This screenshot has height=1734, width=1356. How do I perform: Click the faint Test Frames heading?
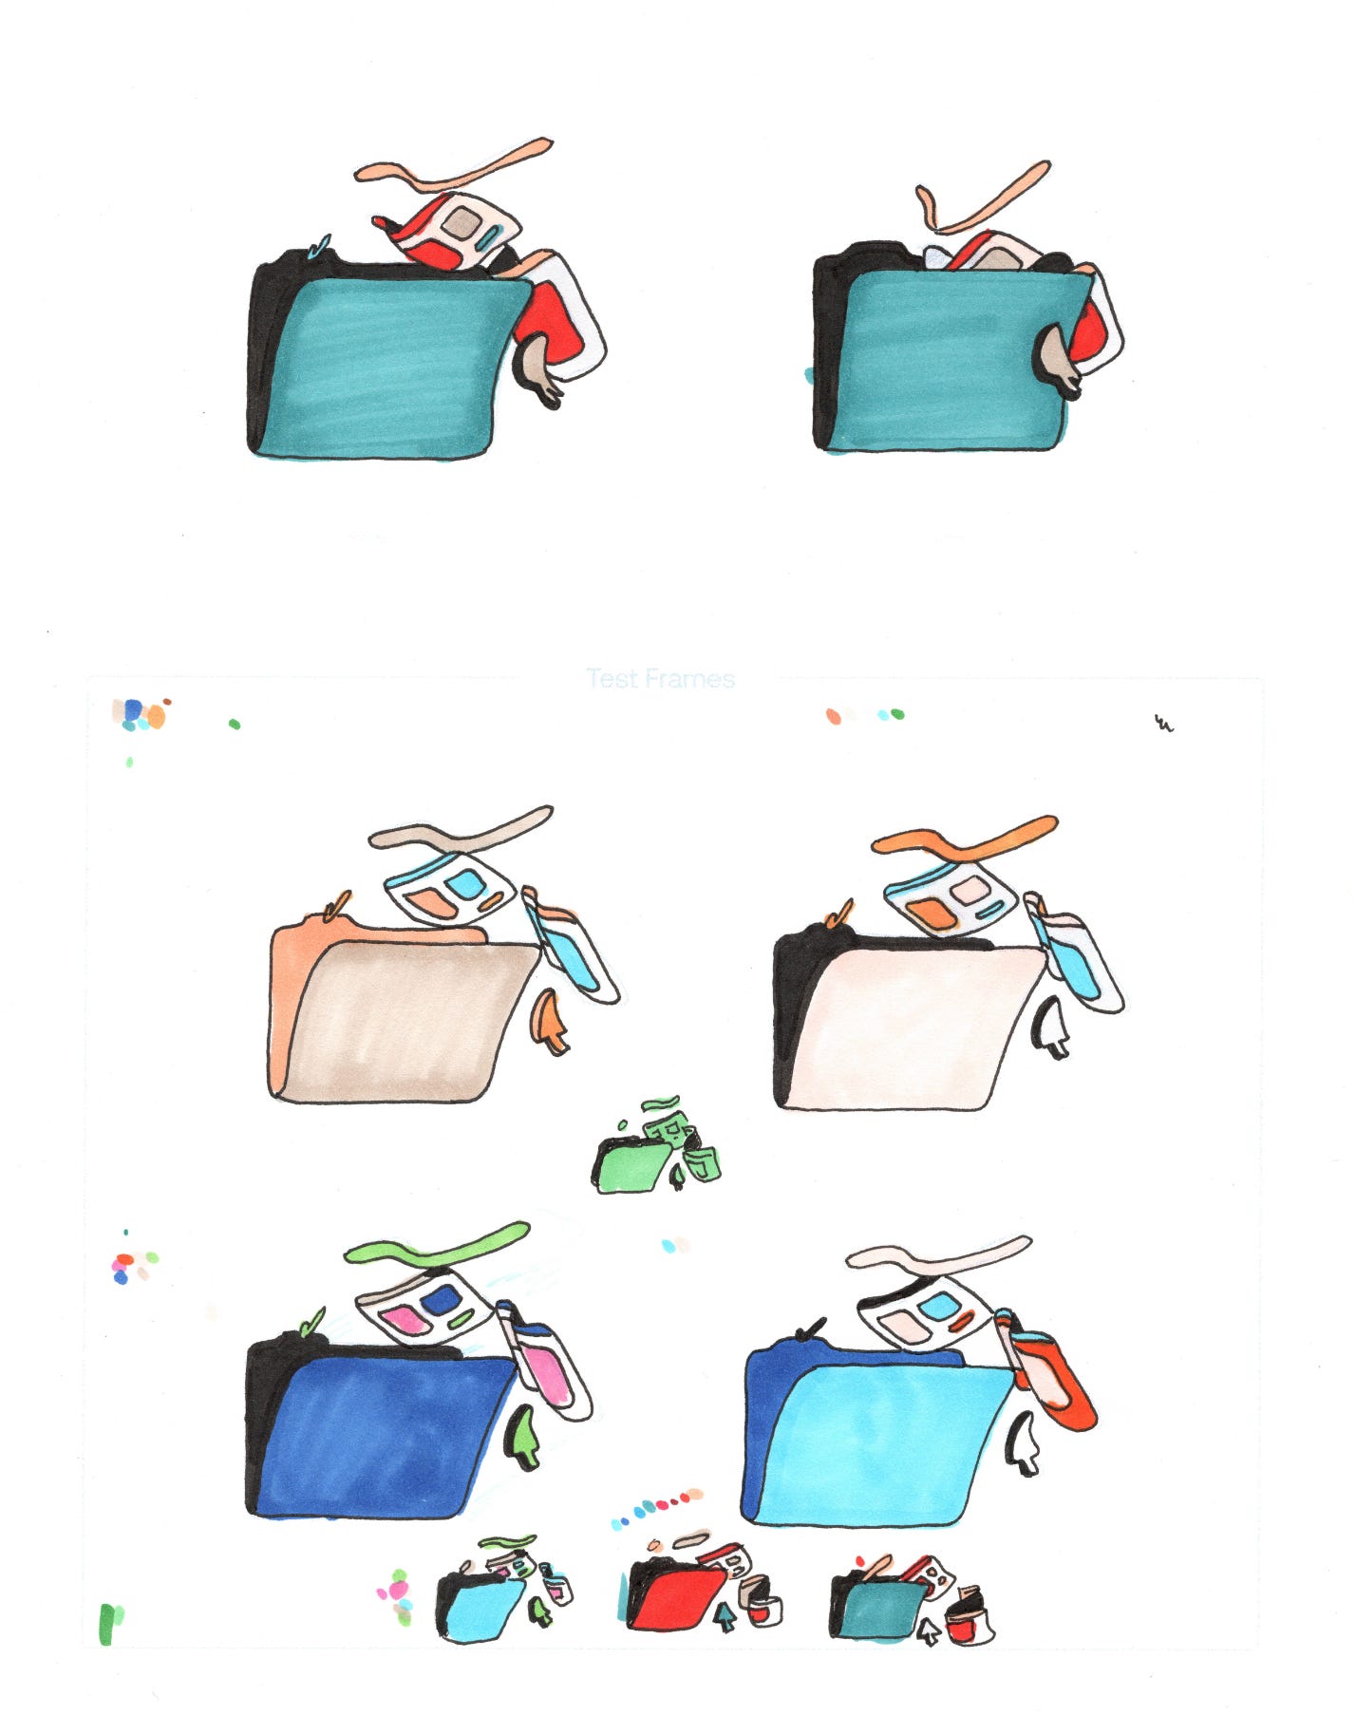661,679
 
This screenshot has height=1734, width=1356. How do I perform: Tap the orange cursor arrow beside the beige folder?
552,1021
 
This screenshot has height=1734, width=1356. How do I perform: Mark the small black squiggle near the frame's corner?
1163,725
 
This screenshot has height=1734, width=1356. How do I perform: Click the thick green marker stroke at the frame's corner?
110,1624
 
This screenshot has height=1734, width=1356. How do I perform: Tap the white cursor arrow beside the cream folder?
1050,1027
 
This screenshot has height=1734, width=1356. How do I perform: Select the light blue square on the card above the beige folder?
465,885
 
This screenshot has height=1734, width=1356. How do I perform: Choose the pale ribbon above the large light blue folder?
938,1254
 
